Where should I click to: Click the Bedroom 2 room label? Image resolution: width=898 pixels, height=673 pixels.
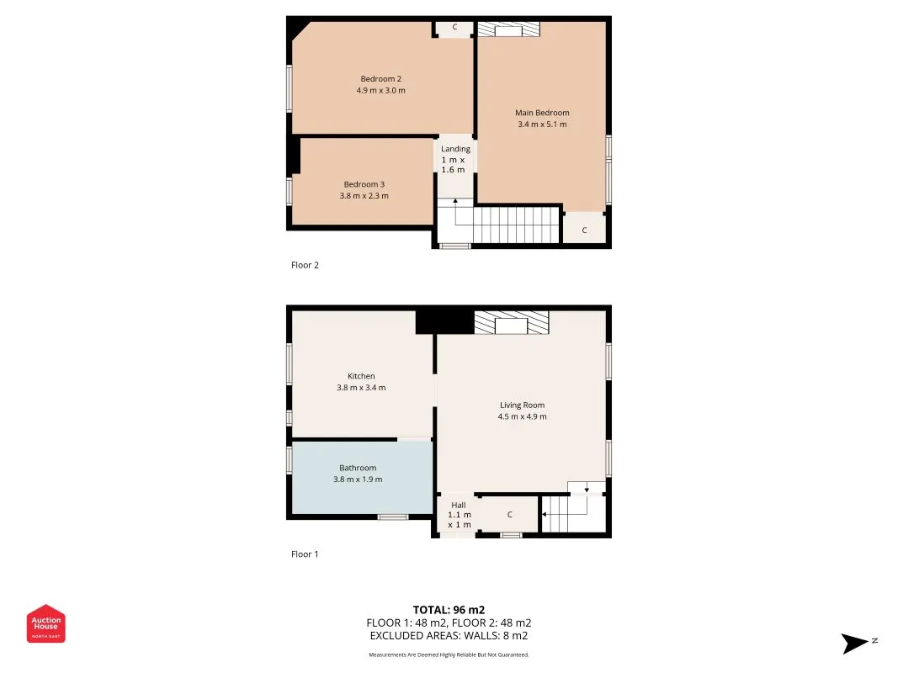pyautogui.click(x=381, y=79)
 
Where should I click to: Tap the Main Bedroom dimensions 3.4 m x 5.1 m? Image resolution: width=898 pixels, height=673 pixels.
pyautogui.click(x=542, y=125)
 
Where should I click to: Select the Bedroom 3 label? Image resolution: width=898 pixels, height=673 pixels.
pyautogui.click(x=364, y=184)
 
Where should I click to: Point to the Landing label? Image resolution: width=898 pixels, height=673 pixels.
pyautogui.click(x=456, y=149)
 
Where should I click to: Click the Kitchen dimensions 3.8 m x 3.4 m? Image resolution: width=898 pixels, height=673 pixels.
pyautogui.click(x=361, y=388)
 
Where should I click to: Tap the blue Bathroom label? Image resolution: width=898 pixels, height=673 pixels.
pyautogui.click(x=358, y=468)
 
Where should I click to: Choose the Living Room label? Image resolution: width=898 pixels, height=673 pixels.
pyautogui.click(x=523, y=405)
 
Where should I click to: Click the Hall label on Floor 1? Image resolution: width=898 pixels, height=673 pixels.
pyautogui.click(x=459, y=506)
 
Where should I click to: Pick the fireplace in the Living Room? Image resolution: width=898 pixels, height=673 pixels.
pyautogui.click(x=512, y=322)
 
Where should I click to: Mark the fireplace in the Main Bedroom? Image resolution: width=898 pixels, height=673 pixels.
pyautogui.click(x=508, y=29)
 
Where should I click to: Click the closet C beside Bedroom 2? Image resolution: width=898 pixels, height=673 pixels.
pyautogui.click(x=454, y=27)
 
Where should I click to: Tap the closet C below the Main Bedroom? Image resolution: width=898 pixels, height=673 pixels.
pyautogui.click(x=584, y=230)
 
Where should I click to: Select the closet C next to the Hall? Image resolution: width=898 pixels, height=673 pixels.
pyautogui.click(x=510, y=515)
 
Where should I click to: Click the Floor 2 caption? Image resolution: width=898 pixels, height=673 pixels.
pyautogui.click(x=305, y=265)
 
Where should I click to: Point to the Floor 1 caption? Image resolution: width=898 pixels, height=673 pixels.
pyautogui.click(x=305, y=554)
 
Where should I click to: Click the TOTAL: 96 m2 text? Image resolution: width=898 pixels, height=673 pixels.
pyautogui.click(x=449, y=610)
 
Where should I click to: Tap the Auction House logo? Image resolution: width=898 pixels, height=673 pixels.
pyautogui.click(x=45, y=623)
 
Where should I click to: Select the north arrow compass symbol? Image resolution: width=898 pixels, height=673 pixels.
pyautogui.click(x=858, y=644)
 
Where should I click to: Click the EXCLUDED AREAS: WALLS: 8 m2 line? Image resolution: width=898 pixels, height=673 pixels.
pyautogui.click(x=449, y=636)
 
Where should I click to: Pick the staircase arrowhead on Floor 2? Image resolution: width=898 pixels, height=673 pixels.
pyautogui.click(x=455, y=201)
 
